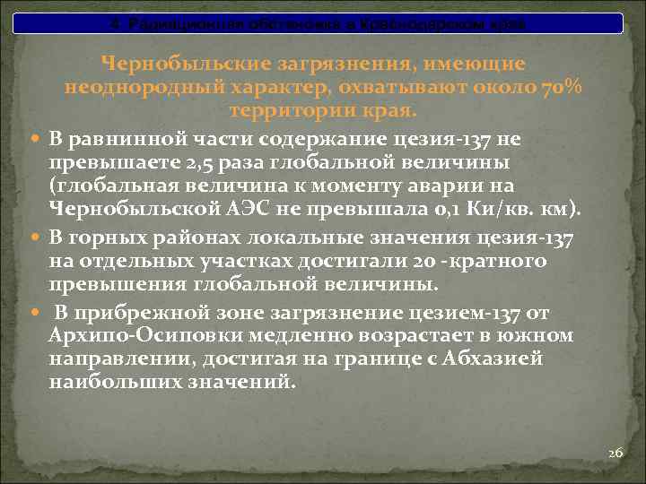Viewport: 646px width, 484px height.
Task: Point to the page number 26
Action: [615, 454]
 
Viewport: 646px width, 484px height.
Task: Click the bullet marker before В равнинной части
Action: [33, 140]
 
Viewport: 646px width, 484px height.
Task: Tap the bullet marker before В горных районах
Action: [33, 238]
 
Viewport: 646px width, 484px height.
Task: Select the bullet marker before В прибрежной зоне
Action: [33, 312]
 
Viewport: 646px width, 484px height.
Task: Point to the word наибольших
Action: [109, 380]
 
